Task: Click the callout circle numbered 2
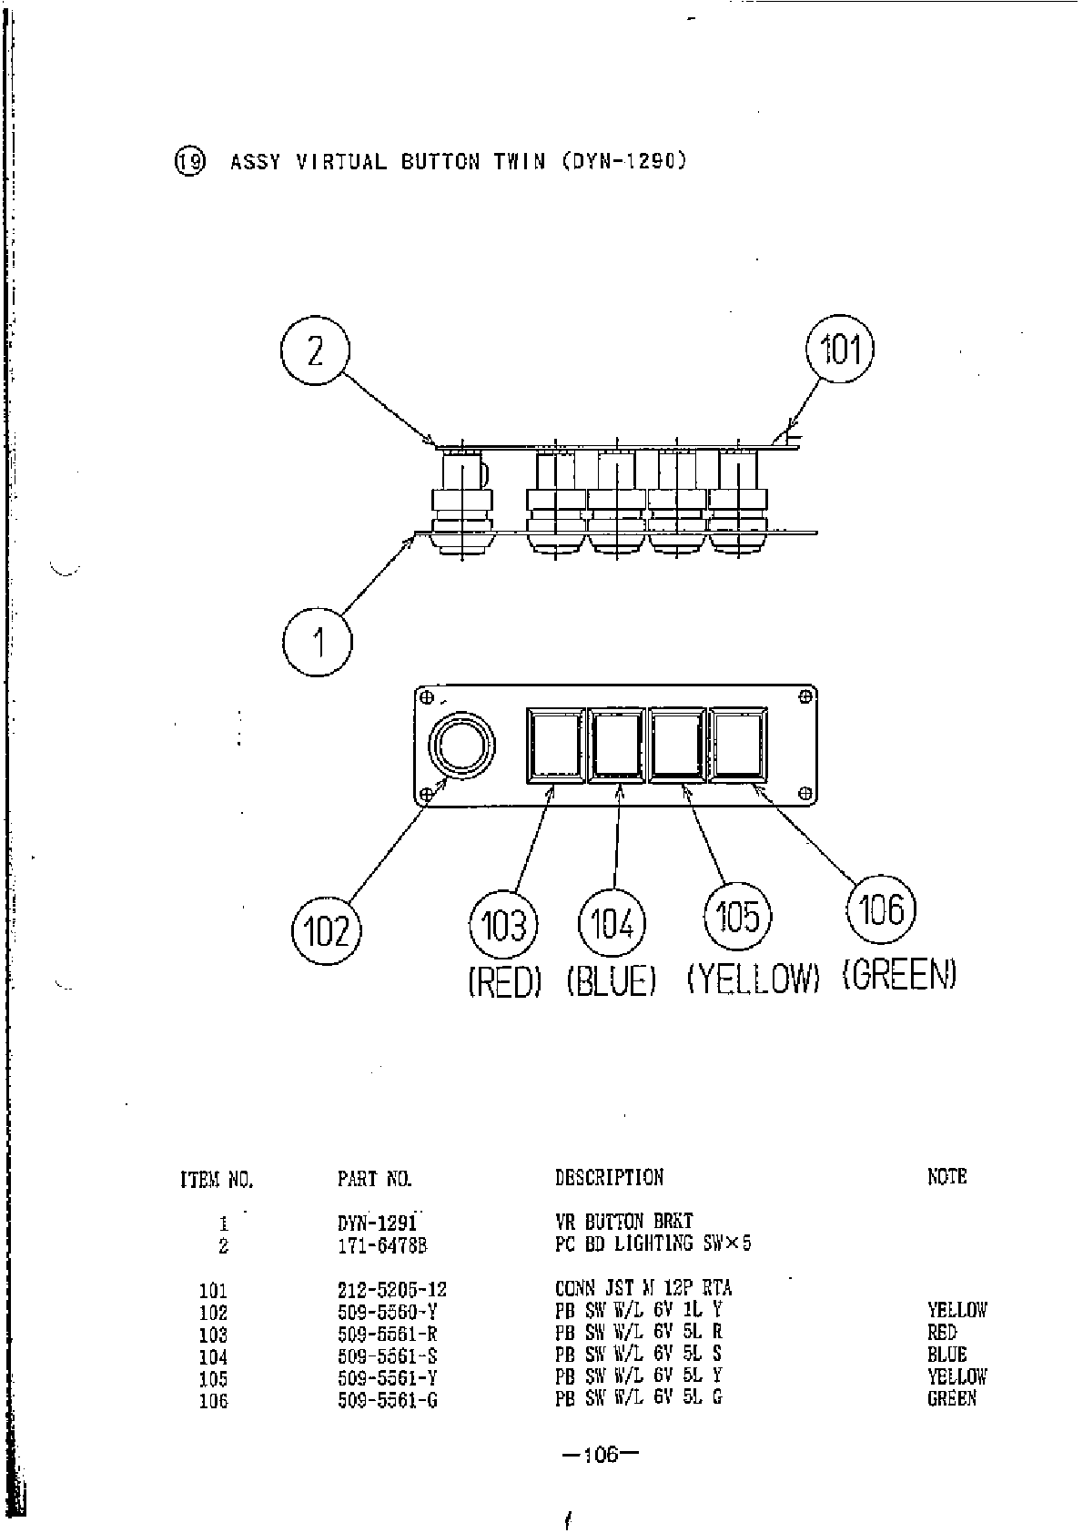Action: point(315,350)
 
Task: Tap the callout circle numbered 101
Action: point(840,349)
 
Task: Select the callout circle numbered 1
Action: point(318,643)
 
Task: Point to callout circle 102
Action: point(326,930)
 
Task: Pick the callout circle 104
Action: point(612,924)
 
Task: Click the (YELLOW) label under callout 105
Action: point(754,979)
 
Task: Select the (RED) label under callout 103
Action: point(504,981)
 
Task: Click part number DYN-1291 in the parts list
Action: point(377,1223)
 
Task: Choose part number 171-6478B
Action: point(382,1245)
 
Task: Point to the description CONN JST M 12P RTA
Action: point(643,1288)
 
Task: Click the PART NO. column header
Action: point(374,1179)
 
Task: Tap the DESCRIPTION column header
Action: point(609,1177)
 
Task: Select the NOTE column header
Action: point(946,1176)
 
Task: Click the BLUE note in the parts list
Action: point(946,1355)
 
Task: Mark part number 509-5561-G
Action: point(387,1400)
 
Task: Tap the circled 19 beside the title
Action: point(190,162)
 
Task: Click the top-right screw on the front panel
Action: point(804,696)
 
